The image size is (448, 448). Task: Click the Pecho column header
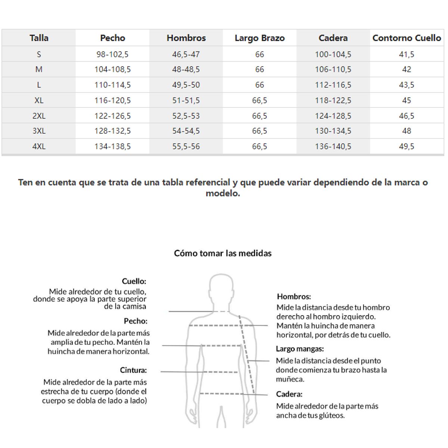point(112,38)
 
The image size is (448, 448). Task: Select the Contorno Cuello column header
point(407,38)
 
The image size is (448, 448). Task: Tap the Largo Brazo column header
point(259,38)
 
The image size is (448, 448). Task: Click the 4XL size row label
point(39,146)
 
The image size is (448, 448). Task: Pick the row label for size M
point(39,69)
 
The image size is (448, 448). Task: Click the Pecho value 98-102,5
point(112,55)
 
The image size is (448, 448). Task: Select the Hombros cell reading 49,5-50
point(186,85)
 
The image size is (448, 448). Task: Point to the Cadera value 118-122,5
point(333,100)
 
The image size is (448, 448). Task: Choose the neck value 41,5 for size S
point(407,55)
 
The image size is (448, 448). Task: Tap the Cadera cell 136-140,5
point(333,146)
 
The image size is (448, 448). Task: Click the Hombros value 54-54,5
point(186,131)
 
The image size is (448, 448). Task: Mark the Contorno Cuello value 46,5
point(407,116)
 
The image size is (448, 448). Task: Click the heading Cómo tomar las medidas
point(223,253)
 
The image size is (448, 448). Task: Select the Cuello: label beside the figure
point(134,281)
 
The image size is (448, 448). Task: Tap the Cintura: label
point(133,370)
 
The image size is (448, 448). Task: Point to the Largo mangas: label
point(300,349)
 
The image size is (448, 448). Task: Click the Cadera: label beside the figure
point(289,394)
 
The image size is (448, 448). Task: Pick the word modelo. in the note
point(223,193)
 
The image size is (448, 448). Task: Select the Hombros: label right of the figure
point(294,297)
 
